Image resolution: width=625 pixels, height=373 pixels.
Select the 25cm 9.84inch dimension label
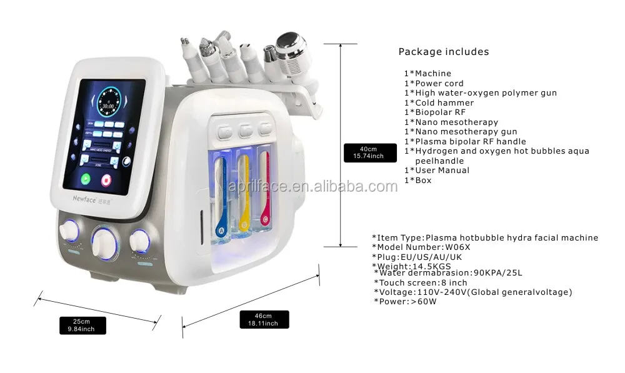(83, 325)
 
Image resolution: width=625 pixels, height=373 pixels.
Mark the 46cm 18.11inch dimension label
(264, 319)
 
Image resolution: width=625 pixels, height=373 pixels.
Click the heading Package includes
(444, 52)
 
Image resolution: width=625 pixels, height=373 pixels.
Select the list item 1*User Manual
(436, 170)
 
